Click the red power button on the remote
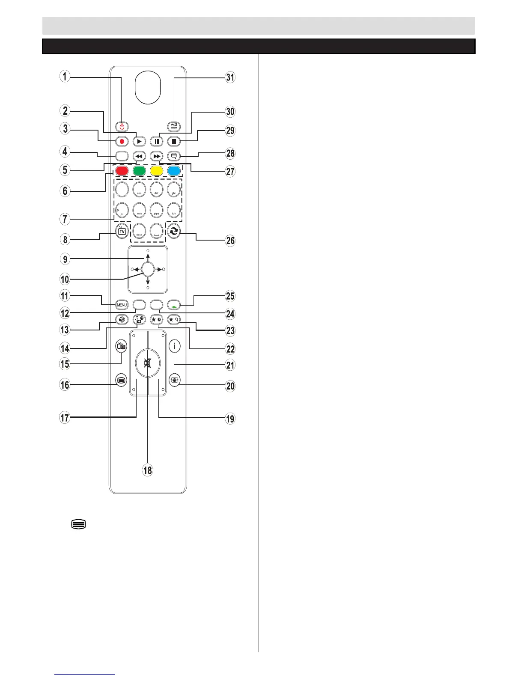click(122, 127)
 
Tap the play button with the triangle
click(139, 141)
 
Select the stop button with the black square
click(174, 141)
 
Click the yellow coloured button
click(156, 171)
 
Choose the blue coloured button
click(174, 171)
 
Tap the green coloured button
click(139, 171)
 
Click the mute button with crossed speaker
click(148, 364)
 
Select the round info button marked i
click(174, 346)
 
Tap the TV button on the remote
click(122, 232)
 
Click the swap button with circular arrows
click(174, 232)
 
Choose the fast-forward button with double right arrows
click(156, 156)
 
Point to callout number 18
click(148, 470)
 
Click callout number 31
click(230, 77)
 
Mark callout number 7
click(65, 219)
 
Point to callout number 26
click(230, 240)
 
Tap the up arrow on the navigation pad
click(148, 257)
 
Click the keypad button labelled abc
click(139, 189)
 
